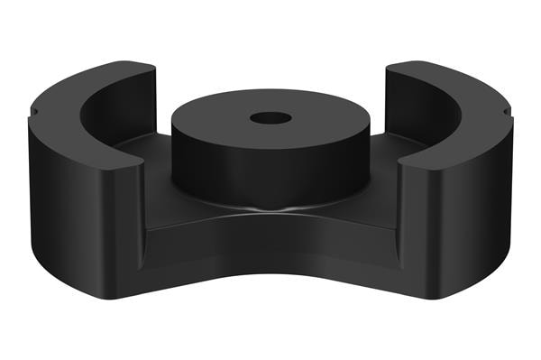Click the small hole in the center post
pos(270,118)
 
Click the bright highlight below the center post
pos(270,210)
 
